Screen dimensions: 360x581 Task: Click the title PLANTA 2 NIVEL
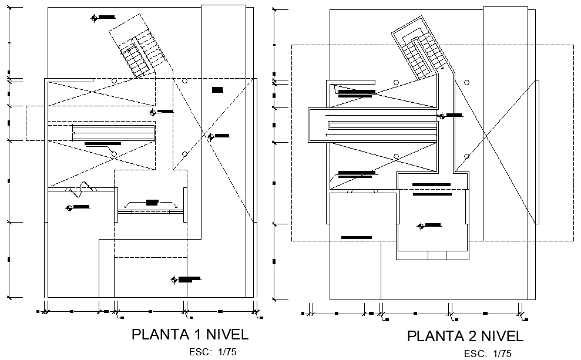[x=465, y=337]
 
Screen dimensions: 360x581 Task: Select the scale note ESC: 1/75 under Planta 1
[x=213, y=352]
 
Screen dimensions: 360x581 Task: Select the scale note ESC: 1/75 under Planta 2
[x=488, y=354]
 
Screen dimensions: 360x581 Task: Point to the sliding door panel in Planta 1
[x=151, y=210]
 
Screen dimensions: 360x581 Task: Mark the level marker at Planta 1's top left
[x=94, y=18]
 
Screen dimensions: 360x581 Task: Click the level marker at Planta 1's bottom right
[x=173, y=280]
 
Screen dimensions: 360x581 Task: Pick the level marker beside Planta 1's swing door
[x=69, y=207]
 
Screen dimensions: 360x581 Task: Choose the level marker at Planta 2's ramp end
[x=442, y=116]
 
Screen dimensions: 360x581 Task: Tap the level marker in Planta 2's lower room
[x=421, y=226]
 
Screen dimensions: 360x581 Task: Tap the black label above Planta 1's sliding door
[x=152, y=202]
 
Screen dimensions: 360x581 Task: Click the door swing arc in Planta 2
[x=351, y=191]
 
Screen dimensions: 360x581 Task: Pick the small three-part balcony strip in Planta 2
[x=433, y=255]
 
